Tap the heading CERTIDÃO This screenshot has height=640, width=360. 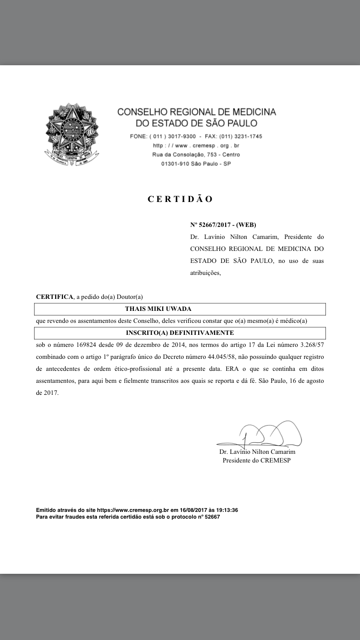coord(180,199)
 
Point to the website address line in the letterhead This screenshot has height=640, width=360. coord(196,145)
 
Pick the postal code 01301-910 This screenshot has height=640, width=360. coord(175,164)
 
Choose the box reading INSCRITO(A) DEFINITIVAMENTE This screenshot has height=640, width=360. coord(180,332)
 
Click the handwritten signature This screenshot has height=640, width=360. coord(262,434)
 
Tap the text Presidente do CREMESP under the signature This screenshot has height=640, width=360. coord(256,461)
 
